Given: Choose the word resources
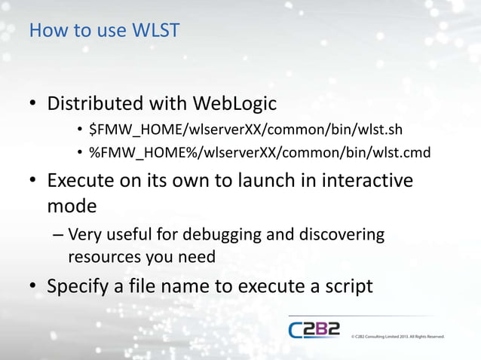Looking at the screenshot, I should click(104, 257).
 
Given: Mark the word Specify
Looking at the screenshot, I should click(79, 287).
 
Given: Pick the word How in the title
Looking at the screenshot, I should click(44, 32).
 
